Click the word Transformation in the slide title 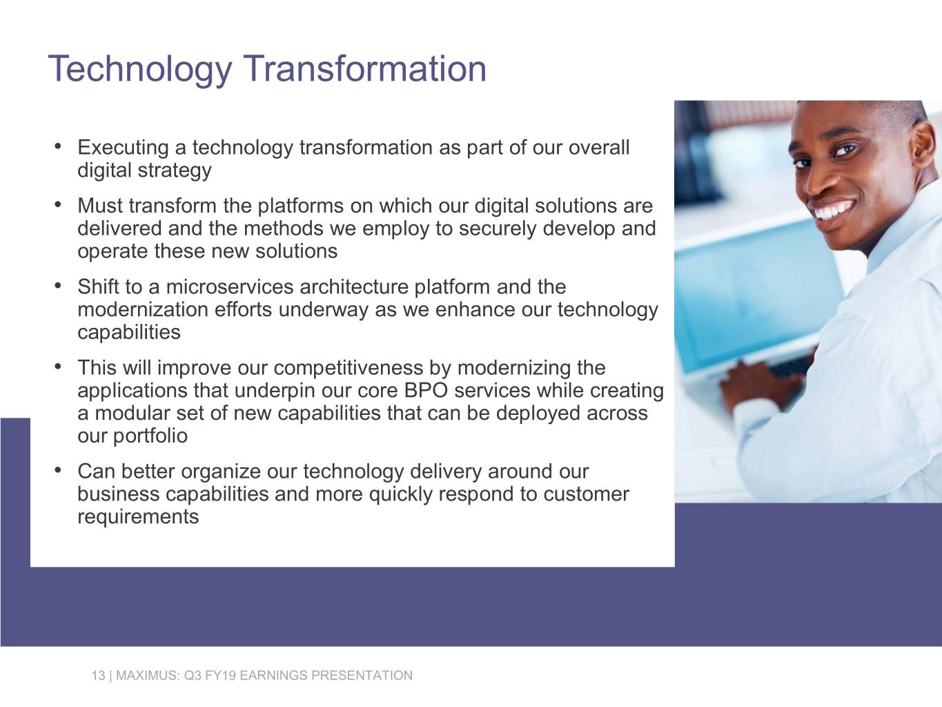[x=364, y=68]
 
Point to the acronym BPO [x=426, y=391]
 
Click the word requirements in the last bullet [x=138, y=517]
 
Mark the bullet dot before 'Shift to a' [x=59, y=285]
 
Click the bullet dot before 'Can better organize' [x=59, y=470]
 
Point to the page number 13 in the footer [x=98, y=675]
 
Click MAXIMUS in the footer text [x=147, y=675]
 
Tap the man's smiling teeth [x=836, y=209]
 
